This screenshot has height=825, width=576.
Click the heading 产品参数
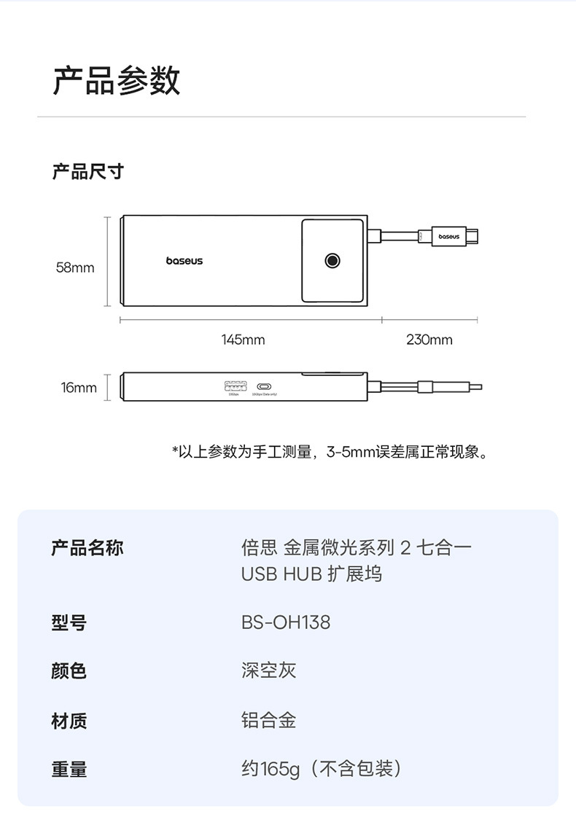[x=117, y=80]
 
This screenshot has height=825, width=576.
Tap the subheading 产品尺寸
[x=88, y=172]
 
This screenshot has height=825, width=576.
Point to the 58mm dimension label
[x=75, y=267]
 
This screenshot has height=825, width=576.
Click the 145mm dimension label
[x=243, y=340]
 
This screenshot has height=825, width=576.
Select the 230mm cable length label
[x=429, y=340]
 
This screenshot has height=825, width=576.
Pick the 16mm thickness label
[x=79, y=388]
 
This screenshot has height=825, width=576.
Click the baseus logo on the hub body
[x=184, y=260]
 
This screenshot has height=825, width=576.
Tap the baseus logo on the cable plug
[x=448, y=237]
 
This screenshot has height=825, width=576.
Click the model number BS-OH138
[x=286, y=622]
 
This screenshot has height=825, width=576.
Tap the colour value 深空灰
[x=269, y=670]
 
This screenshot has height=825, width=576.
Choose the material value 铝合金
[x=269, y=721]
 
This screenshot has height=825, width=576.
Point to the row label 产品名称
[x=87, y=548]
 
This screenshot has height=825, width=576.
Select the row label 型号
[x=69, y=622]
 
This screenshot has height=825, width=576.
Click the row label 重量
[x=69, y=768]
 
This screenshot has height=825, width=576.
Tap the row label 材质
[x=69, y=721]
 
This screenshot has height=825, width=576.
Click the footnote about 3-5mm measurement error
[x=330, y=453]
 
